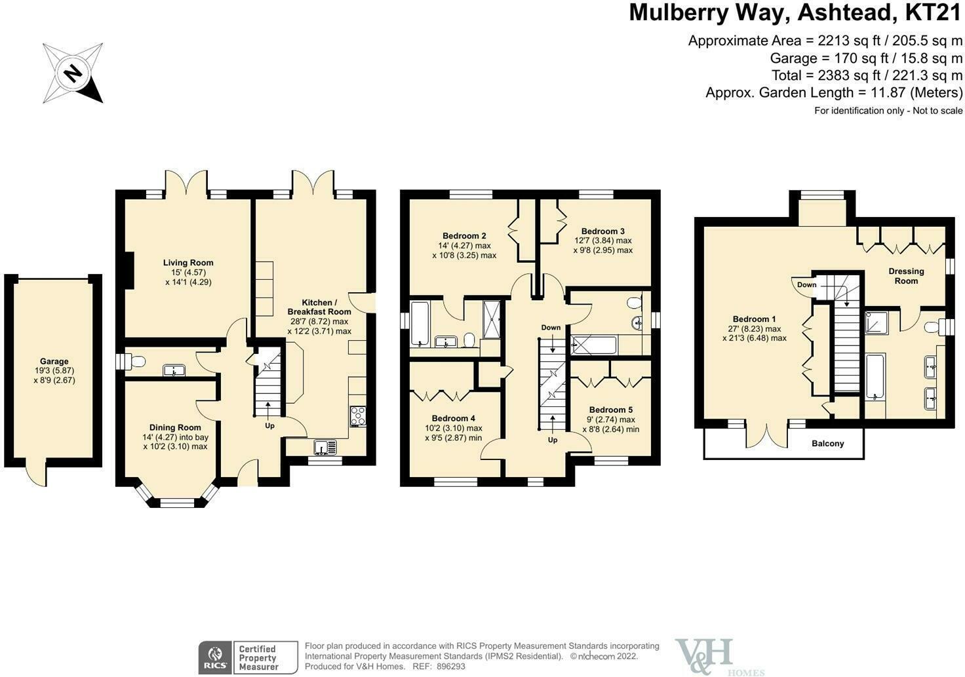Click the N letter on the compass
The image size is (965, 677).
click(73, 73)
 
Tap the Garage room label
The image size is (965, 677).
click(54, 361)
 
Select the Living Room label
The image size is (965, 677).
click(188, 263)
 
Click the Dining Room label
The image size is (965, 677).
click(175, 427)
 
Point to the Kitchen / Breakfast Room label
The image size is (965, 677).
click(319, 307)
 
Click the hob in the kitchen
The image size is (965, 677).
click(358, 416)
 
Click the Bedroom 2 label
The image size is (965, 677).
click(464, 235)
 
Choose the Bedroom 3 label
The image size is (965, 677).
click(602, 231)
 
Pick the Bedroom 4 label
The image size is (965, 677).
click(453, 418)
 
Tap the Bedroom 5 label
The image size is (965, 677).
click(611, 410)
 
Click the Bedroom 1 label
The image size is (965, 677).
click(755, 319)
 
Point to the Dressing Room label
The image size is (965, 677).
click(907, 276)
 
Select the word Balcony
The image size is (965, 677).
click(827, 443)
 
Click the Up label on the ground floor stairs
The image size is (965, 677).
click(269, 426)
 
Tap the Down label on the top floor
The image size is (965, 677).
click(806, 284)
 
